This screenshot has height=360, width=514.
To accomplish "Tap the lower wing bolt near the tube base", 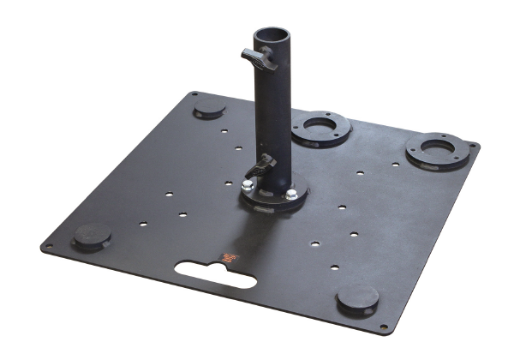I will [265, 162].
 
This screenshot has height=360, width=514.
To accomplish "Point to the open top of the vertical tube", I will [273, 33].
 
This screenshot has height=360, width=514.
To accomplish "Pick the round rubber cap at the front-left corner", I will [91, 236].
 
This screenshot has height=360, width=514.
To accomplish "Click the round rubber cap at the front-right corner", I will [357, 299].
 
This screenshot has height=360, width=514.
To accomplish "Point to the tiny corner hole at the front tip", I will [382, 327].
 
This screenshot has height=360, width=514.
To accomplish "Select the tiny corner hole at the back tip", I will [195, 93].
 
